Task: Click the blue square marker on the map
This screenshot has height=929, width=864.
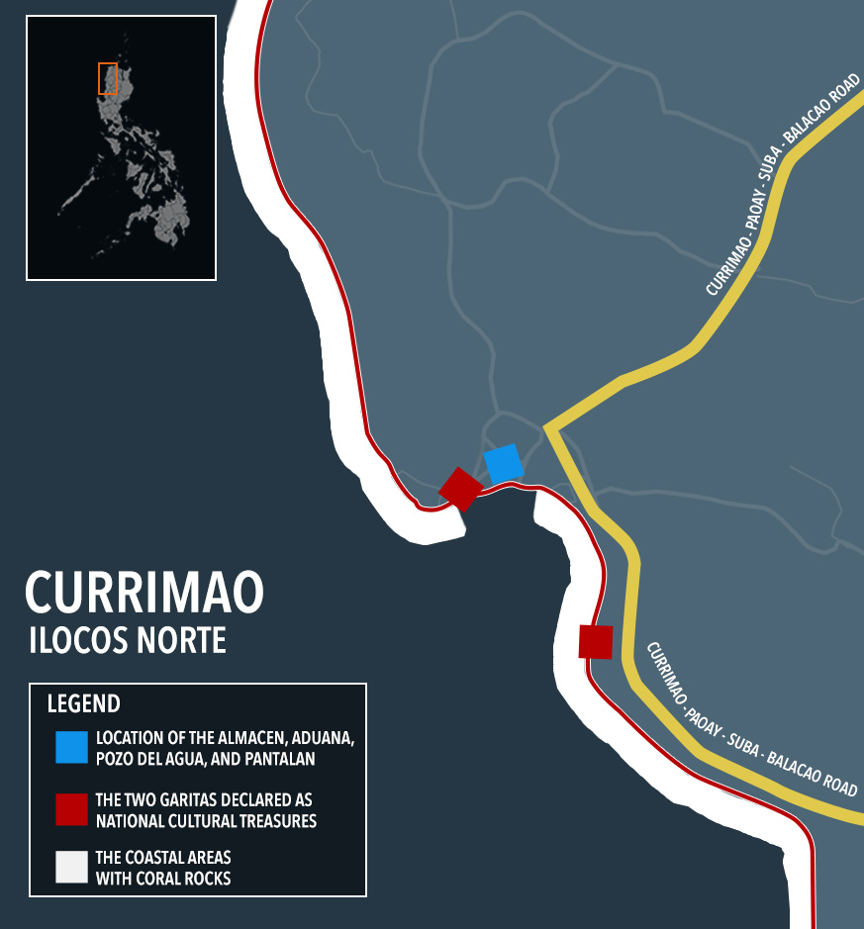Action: tap(503, 464)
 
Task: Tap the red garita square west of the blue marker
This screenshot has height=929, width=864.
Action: tap(460, 489)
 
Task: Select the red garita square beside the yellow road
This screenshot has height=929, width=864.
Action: tap(596, 641)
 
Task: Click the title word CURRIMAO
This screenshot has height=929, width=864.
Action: tap(144, 592)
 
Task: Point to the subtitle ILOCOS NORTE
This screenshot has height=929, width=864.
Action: tap(128, 640)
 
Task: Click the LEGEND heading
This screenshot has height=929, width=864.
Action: tap(84, 704)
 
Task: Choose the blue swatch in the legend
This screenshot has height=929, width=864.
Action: tap(72, 747)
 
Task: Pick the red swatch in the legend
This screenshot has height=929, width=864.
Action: tap(72, 808)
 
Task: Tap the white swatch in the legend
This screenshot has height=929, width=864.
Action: tap(72, 867)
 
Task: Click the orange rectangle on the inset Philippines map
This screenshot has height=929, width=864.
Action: tap(108, 78)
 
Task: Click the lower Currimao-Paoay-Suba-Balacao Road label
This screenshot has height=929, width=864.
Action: tap(751, 719)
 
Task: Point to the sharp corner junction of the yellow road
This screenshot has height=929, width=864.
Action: tap(546, 427)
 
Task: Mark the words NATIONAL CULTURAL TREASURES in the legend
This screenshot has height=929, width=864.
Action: tap(206, 819)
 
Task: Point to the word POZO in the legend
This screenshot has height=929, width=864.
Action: tap(116, 759)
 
